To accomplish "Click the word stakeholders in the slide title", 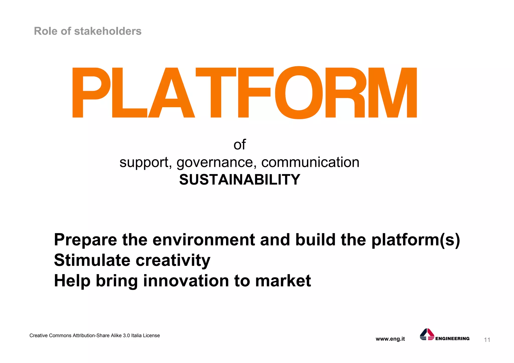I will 108,31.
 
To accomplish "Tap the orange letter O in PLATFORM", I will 299,93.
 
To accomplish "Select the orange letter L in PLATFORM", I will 128,93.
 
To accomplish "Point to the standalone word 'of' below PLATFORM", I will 239,145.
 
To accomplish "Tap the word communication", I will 310,162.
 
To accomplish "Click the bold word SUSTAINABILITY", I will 239,180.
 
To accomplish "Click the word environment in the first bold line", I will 204,240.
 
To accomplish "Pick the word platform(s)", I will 415,240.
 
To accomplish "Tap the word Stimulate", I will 92,260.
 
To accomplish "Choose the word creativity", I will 173,261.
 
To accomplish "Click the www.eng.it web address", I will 390,339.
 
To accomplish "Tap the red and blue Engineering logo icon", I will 427,334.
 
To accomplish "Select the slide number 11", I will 487,340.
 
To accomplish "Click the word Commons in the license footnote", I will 60,336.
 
